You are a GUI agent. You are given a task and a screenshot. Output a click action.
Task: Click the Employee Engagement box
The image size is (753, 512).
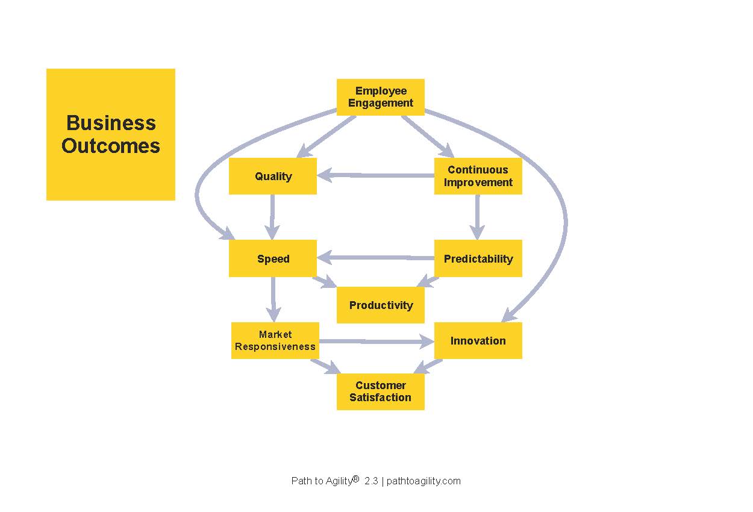pyautogui.click(x=381, y=97)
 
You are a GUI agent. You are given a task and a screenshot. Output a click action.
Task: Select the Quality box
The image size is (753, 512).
pyautogui.click(x=273, y=176)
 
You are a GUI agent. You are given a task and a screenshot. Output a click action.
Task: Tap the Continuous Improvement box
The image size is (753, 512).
pyautogui.click(x=478, y=176)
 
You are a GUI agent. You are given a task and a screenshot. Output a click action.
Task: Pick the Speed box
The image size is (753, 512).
pyautogui.click(x=273, y=258)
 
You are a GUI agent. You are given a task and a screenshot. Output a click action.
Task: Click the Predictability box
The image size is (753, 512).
pyautogui.click(x=478, y=258)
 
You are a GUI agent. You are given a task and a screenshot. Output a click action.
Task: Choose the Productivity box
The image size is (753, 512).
pyautogui.click(x=381, y=305)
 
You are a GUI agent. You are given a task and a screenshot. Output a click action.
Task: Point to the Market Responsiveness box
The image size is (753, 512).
pyautogui.click(x=275, y=340)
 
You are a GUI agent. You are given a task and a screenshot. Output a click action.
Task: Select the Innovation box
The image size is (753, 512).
pyautogui.click(x=478, y=340)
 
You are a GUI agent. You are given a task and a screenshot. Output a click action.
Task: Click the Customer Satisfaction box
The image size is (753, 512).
pyautogui.click(x=381, y=392)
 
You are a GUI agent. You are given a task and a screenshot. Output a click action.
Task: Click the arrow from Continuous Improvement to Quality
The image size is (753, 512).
pyautogui.click(x=375, y=175)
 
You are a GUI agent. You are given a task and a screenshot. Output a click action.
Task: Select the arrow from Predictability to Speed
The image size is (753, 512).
pyautogui.click(x=375, y=258)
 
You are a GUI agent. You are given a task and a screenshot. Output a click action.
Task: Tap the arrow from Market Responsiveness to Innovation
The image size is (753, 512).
pyautogui.click(x=377, y=342)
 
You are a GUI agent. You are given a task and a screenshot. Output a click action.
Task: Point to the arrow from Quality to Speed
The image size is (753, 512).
pyautogui.click(x=272, y=217)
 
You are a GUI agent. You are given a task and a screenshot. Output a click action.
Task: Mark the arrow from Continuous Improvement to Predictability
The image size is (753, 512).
pyautogui.click(x=477, y=217)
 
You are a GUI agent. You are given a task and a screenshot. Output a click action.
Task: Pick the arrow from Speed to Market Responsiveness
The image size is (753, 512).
pyautogui.click(x=273, y=299)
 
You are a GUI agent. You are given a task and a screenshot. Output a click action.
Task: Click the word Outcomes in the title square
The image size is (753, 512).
pyautogui.click(x=111, y=146)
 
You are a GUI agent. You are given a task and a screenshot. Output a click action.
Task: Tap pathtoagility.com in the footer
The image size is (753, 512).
pyautogui.click(x=423, y=481)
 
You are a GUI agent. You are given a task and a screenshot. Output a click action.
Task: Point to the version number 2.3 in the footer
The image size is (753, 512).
pyautogui.click(x=371, y=481)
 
